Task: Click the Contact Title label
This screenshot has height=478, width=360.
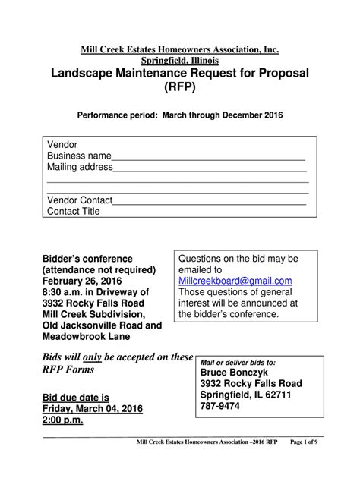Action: click(74, 212)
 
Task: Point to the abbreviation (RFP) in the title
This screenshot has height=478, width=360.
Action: click(180, 88)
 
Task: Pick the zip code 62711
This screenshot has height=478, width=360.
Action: click(283, 395)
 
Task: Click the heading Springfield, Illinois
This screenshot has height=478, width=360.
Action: click(180, 60)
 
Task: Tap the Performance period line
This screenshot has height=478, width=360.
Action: click(180, 115)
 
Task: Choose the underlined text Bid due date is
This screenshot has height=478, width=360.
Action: click(74, 397)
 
